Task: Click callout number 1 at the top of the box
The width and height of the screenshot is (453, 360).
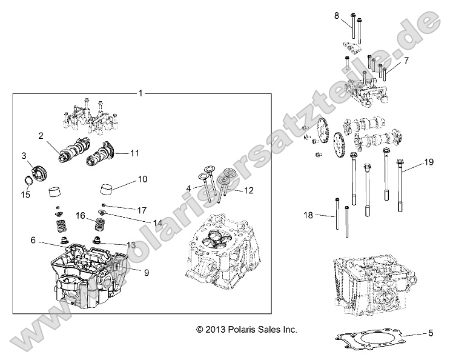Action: coord(141,93)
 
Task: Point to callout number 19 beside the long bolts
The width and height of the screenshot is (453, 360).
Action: coord(429,162)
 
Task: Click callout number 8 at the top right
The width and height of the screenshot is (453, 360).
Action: coord(337,15)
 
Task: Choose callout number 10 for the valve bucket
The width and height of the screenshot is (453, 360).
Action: coord(143,179)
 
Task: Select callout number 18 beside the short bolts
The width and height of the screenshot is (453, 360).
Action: coord(309,215)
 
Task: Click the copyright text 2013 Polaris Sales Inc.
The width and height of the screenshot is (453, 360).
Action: coord(246,330)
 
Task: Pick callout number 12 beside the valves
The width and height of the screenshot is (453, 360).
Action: coord(248,190)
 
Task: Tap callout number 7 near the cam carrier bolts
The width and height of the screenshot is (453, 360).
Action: coord(406,61)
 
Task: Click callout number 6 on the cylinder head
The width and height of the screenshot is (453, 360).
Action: coord(33,241)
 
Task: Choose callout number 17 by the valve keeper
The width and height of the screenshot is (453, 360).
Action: coord(142,210)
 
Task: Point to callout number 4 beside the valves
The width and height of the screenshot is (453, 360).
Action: coord(189,188)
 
